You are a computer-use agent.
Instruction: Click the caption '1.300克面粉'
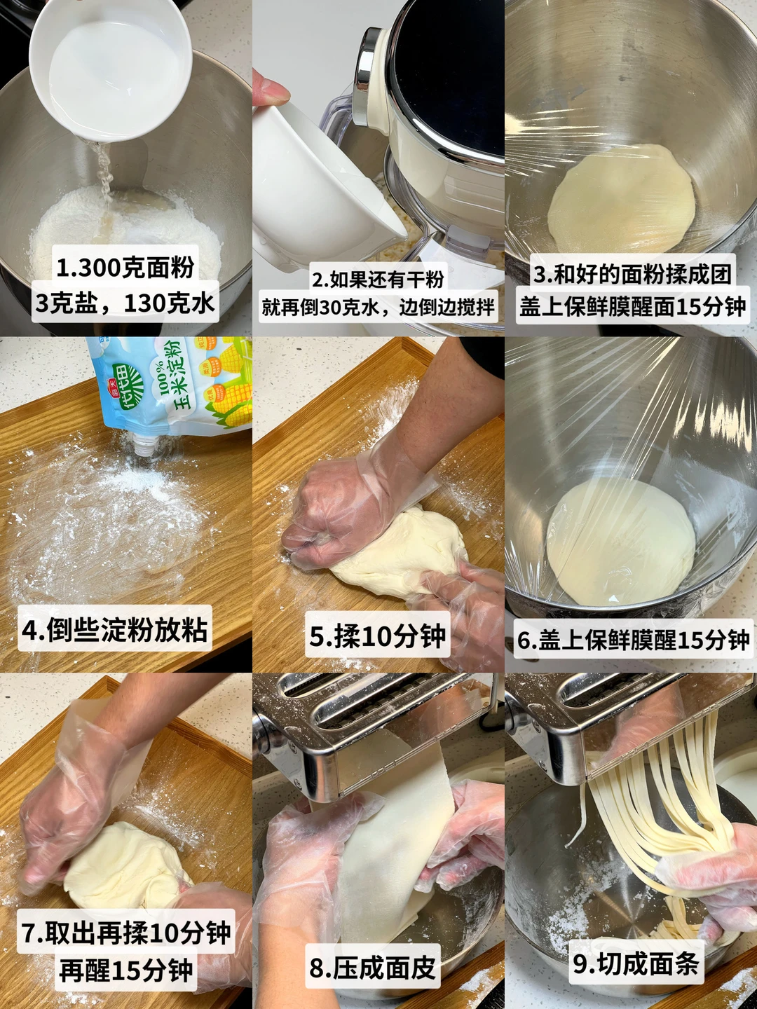(x=125, y=268)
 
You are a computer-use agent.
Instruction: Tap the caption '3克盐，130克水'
(x=125, y=303)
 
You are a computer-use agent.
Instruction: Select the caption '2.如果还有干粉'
(x=378, y=280)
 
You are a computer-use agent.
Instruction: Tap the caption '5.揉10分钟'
(x=377, y=636)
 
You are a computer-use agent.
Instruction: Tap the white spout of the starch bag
(x=145, y=444)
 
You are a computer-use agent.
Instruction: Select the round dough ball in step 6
(x=620, y=542)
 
